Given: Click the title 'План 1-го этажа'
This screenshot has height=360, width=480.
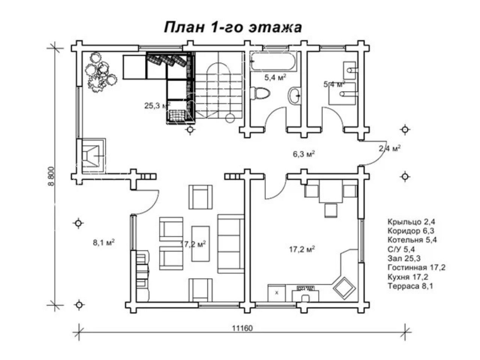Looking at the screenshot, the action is pyautogui.click(x=233, y=27).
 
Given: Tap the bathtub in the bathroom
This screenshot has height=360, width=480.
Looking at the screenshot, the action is pyautogui.click(x=273, y=61).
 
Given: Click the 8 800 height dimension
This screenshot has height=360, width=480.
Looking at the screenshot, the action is pyautogui.click(x=51, y=176).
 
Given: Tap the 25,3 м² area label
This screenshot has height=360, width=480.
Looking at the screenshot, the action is pyautogui.click(x=157, y=106).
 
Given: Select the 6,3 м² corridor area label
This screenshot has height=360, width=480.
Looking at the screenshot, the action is pyautogui.click(x=304, y=154).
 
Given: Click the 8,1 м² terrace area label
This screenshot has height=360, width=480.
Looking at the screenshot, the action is pyautogui.click(x=104, y=242).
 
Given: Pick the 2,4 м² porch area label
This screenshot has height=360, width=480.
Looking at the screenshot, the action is pyautogui.click(x=390, y=148).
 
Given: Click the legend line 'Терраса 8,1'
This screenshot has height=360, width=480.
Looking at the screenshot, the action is pyautogui.click(x=410, y=286).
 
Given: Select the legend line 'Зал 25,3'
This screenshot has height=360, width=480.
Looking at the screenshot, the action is pyautogui.click(x=404, y=258).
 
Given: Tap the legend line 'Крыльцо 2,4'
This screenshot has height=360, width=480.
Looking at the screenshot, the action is pyautogui.click(x=411, y=222).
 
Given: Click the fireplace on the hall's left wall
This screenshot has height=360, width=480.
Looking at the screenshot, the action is pyautogui.click(x=91, y=156).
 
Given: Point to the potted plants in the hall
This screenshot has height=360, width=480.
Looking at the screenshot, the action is pyautogui.click(x=100, y=72).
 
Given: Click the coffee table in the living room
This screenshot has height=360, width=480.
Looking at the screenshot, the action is pyautogui.click(x=201, y=243).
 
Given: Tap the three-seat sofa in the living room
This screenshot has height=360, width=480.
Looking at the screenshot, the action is pyautogui.click(x=231, y=244).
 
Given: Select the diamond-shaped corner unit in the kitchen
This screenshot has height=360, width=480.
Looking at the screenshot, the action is pyautogui.click(x=344, y=288).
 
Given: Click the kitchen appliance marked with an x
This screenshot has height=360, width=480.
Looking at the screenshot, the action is pyautogui.click(x=277, y=293).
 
